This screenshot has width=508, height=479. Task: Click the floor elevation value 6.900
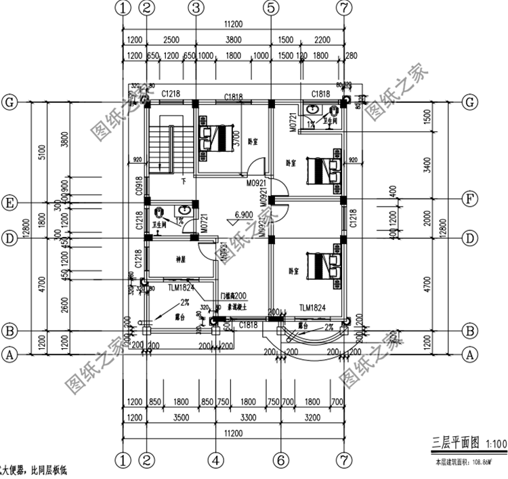point(244,215)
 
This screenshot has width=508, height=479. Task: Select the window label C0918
point(140,186)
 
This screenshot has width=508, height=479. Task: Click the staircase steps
point(163,146)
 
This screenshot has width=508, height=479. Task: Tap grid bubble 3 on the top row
point(196,8)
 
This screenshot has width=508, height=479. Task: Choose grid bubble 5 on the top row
point(271,8)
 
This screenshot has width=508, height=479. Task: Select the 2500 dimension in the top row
point(171,39)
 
